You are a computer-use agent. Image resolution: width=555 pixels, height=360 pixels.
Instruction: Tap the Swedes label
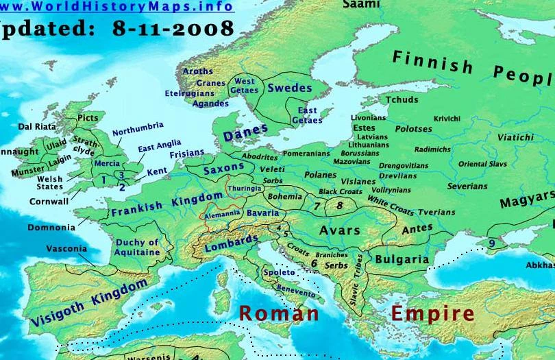coord(289,88)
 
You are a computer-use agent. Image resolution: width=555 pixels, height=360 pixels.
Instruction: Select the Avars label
coord(339,230)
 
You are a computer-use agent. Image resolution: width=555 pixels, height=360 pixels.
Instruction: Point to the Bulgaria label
coord(402,259)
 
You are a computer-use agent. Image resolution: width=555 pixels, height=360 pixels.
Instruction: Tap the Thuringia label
coord(245,188)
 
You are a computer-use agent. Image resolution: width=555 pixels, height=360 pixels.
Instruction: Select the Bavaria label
coord(262,213)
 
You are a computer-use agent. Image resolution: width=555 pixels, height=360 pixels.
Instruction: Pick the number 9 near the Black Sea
coord(492,243)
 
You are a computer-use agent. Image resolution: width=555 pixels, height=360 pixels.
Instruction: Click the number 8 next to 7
coord(338,205)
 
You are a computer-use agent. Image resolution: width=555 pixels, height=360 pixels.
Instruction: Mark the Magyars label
coord(526,202)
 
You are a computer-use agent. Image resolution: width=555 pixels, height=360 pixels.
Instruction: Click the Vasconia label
coord(66,248)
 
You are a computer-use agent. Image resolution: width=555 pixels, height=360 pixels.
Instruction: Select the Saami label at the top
coord(360,4)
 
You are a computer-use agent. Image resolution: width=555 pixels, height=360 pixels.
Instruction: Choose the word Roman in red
coord(278,313)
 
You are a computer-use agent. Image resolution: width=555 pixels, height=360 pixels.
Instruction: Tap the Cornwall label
coord(49,202)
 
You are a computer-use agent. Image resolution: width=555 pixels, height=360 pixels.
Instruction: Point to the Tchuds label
coord(402,99)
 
